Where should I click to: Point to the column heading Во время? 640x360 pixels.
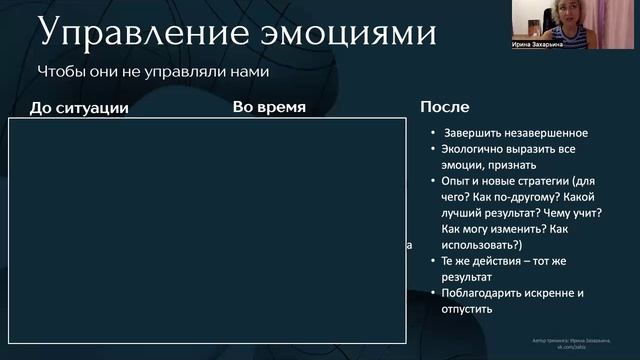tap(269, 106)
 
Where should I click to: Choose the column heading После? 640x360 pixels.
tap(445, 106)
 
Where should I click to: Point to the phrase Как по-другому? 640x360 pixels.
tap(502, 198)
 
